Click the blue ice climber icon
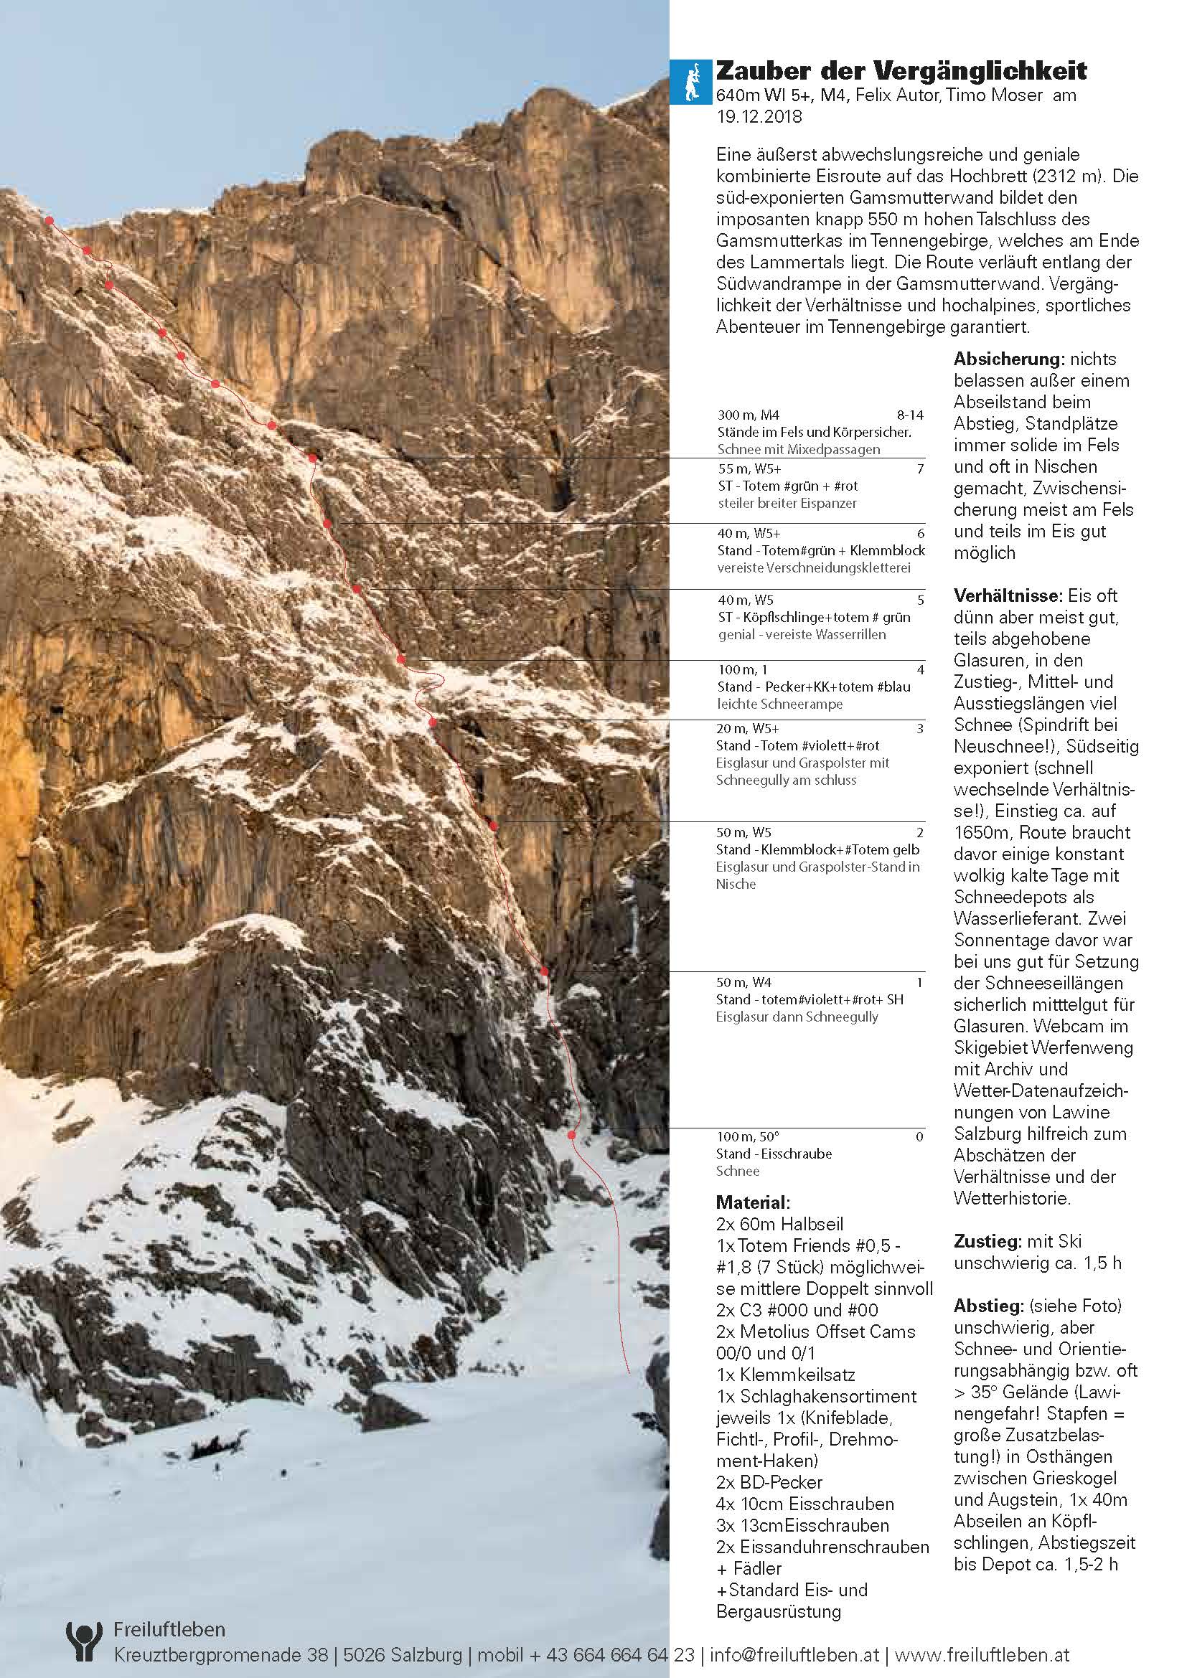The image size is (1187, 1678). point(690,81)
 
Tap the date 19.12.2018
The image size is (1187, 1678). point(759,117)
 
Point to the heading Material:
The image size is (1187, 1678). point(752,1202)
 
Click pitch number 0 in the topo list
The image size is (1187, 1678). point(919,1136)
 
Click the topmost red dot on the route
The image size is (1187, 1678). point(49,220)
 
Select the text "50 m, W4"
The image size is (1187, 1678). point(744,983)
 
